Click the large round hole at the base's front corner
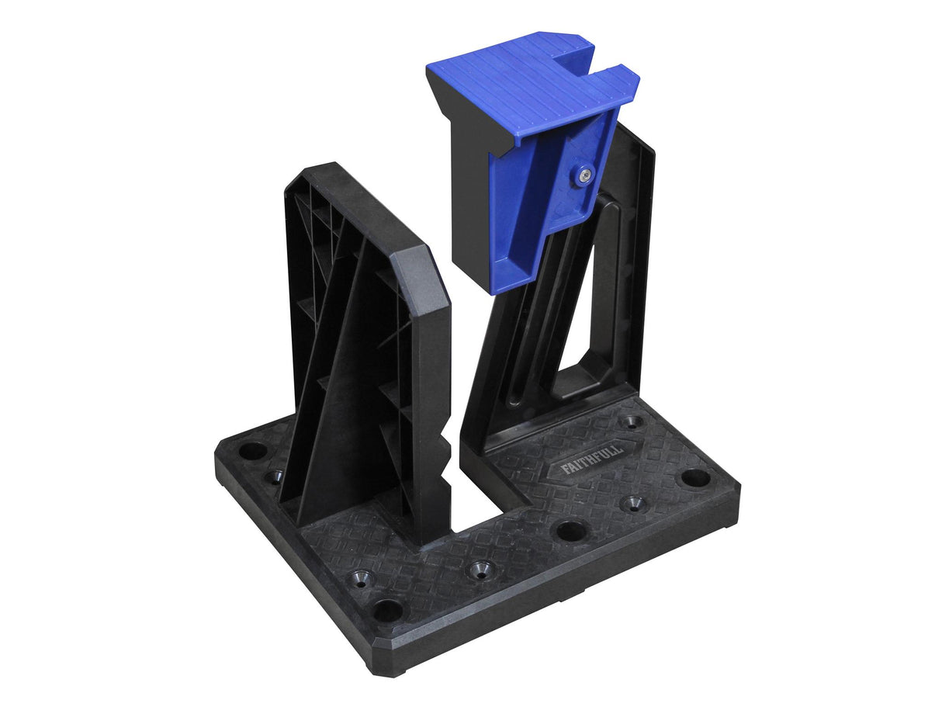coord(387,610)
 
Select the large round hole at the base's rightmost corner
coord(695,478)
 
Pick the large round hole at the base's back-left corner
coord(252,450)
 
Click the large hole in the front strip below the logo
coord(570,531)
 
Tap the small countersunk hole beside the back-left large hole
coord(274,476)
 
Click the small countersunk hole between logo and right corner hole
coord(634,503)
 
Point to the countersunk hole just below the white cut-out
coord(478,570)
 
